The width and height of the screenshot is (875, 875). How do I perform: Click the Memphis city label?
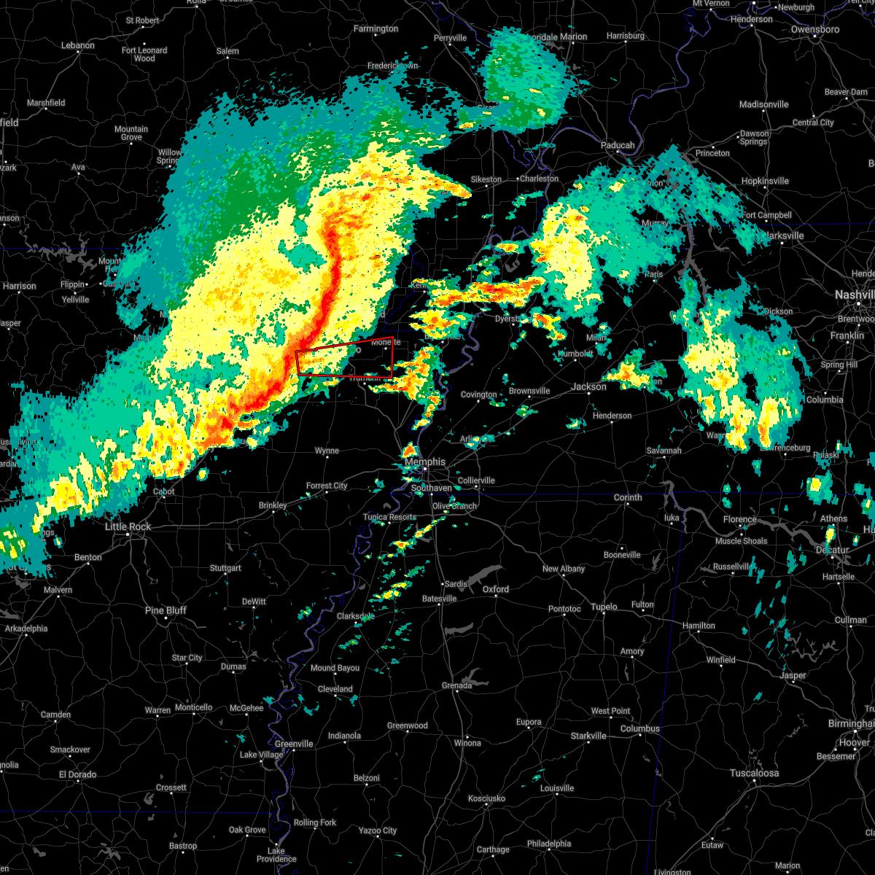click(x=424, y=462)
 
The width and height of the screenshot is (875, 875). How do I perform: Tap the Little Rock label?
click(x=128, y=526)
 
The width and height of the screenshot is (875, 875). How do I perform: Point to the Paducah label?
click(x=618, y=145)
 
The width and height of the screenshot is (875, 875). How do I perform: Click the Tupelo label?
click(x=604, y=607)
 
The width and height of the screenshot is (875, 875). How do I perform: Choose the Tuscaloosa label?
click(x=755, y=773)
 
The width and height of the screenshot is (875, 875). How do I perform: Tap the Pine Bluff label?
click(x=166, y=610)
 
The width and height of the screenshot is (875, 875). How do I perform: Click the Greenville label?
click(x=294, y=744)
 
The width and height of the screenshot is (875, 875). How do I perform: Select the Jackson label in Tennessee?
click(x=588, y=386)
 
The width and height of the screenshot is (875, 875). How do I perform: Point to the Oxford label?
click(x=496, y=589)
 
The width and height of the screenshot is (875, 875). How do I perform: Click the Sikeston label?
click(x=486, y=179)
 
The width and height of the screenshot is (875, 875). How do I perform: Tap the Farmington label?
click(x=376, y=29)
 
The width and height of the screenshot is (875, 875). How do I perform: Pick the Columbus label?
click(x=639, y=728)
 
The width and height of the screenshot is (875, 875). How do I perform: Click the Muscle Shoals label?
click(x=741, y=541)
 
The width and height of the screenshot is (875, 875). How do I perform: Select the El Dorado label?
click(x=78, y=774)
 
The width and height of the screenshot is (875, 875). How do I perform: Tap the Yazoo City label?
click(x=378, y=831)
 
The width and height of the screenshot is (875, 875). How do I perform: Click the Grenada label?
click(x=456, y=685)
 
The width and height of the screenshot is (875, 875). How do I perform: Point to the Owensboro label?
click(x=819, y=30)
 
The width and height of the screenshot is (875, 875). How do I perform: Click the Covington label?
click(x=478, y=394)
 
